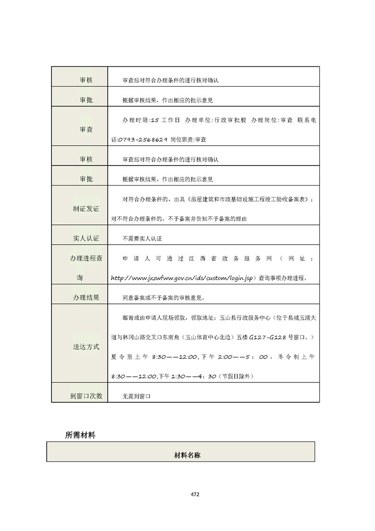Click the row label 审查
pyautogui.click(x=86, y=129)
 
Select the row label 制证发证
pyautogui.click(x=86, y=208)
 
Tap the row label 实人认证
pyautogui.click(x=86, y=239)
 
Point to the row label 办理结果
pyautogui.click(x=86, y=298)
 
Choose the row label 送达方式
pyautogui.click(x=86, y=346)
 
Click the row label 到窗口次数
pyautogui.click(x=86, y=396)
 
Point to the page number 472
pyautogui.click(x=195, y=494)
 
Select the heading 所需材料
pyautogui.click(x=80, y=435)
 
